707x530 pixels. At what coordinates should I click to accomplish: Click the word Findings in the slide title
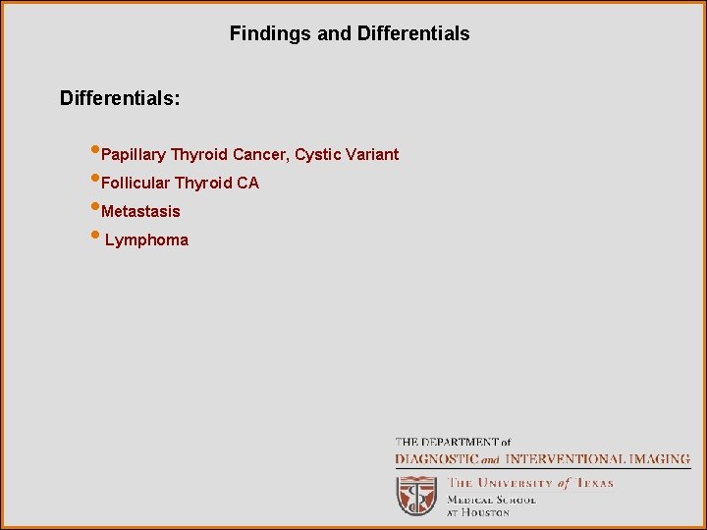pyautogui.click(x=270, y=34)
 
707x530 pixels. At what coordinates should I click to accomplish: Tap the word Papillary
pyautogui.click(x=134, y=155)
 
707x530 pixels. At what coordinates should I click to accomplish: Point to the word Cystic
pyautogui.click(x=318, y=154)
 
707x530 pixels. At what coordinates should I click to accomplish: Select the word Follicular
pyautogui.click(x=136, y=184)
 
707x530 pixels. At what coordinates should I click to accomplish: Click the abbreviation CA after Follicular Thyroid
pyautogui.click(x=247, y=184)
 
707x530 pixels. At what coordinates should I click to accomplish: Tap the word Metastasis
pyautogui.click(x=140, y=212)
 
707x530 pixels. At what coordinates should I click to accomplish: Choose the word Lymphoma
pyautogui.click(x=146, y=240)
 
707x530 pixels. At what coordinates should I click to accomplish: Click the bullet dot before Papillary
pyautogui.click(x=94, y=151)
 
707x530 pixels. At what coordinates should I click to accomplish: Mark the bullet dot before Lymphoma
pyautogui.click(x=94, y=237)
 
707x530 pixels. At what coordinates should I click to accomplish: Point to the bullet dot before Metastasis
pyautogui.click(x=94, y=208)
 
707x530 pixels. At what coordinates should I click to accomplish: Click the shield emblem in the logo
pyautogui.click(x=416, y=495)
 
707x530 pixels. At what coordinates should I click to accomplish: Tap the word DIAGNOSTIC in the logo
pyautogui.click(x=436, y=458)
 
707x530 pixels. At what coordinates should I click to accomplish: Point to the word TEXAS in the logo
pyautogui.click(x=594, y=483)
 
